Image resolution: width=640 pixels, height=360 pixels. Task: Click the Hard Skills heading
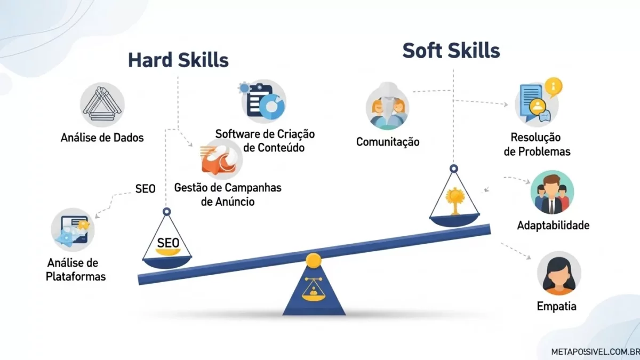178,60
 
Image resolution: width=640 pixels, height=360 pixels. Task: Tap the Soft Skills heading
451,51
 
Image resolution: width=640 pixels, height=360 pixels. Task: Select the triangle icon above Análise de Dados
102,104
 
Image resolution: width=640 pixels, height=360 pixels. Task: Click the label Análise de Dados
102,138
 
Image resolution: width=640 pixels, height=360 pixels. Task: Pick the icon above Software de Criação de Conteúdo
263,102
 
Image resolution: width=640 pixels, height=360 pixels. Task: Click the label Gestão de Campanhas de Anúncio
228,195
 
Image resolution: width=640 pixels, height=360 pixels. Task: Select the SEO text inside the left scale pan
167,243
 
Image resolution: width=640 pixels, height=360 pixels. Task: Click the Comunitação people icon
388,107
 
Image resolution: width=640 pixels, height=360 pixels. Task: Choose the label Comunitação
388,142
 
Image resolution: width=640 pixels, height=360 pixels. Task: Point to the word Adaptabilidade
553,226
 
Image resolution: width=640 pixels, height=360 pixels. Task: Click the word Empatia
556,307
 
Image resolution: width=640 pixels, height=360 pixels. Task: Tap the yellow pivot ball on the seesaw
313,261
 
